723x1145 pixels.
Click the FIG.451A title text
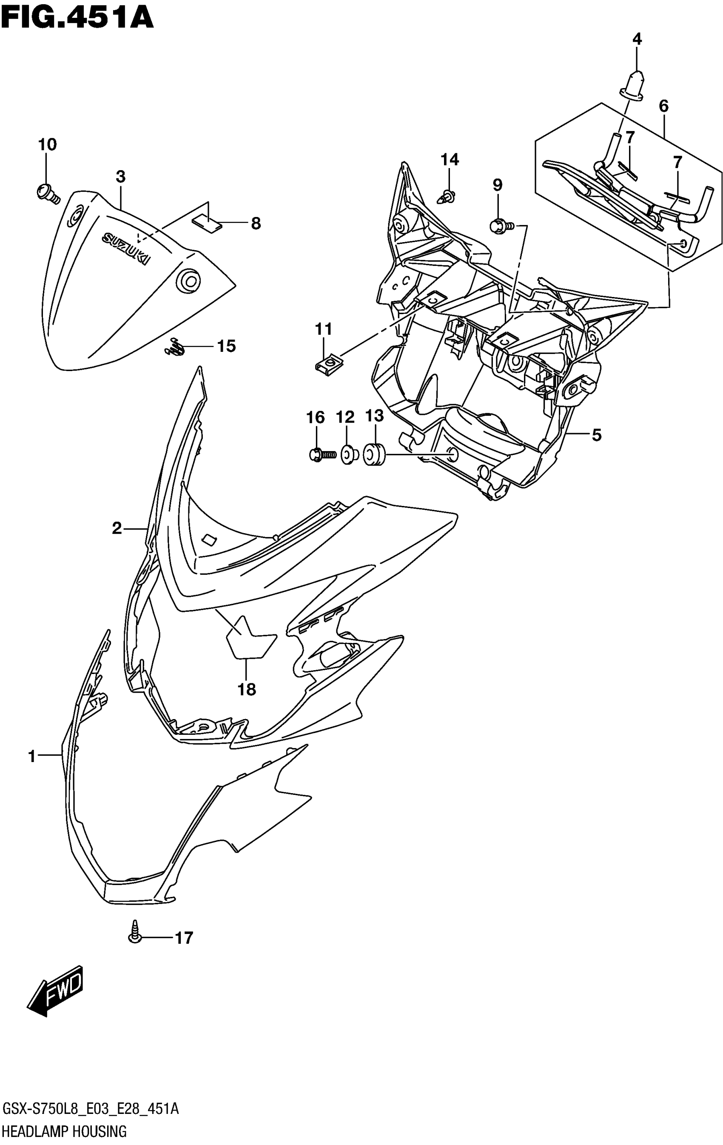pos(77,18)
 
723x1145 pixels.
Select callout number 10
pos(47,145)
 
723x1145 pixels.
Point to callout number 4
pos(637,39)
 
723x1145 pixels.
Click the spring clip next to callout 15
pos(174,347)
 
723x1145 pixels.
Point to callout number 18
pos(247,689)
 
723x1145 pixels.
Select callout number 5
pos(596,434)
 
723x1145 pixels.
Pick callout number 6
pos(663,106)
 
